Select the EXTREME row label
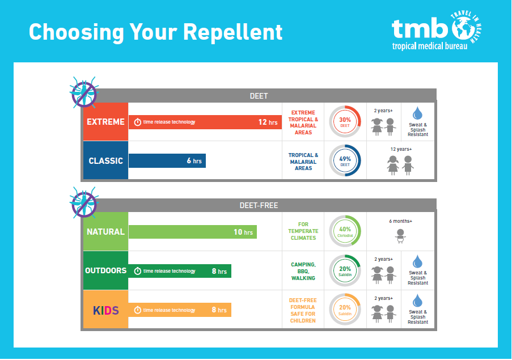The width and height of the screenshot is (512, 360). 105,122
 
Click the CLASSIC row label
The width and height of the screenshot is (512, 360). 105,161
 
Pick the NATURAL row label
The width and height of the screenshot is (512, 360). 105,232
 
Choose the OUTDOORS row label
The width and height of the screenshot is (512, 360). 105,270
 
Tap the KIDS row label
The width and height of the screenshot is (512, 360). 105,310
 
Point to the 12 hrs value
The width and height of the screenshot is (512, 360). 267,122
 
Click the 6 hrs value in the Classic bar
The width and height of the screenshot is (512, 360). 194,161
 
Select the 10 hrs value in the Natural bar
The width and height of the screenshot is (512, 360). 243,232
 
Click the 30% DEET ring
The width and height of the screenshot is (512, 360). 345,121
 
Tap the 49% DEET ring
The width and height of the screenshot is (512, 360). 345,160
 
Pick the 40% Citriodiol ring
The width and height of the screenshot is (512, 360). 345,231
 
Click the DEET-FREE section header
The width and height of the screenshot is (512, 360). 259,205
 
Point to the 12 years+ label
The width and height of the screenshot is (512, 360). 401,149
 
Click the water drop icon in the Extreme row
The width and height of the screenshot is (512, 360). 418,112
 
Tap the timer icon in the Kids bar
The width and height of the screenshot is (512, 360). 137,310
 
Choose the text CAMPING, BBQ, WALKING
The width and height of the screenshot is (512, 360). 303,271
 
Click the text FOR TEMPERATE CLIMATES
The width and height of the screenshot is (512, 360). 303,231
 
